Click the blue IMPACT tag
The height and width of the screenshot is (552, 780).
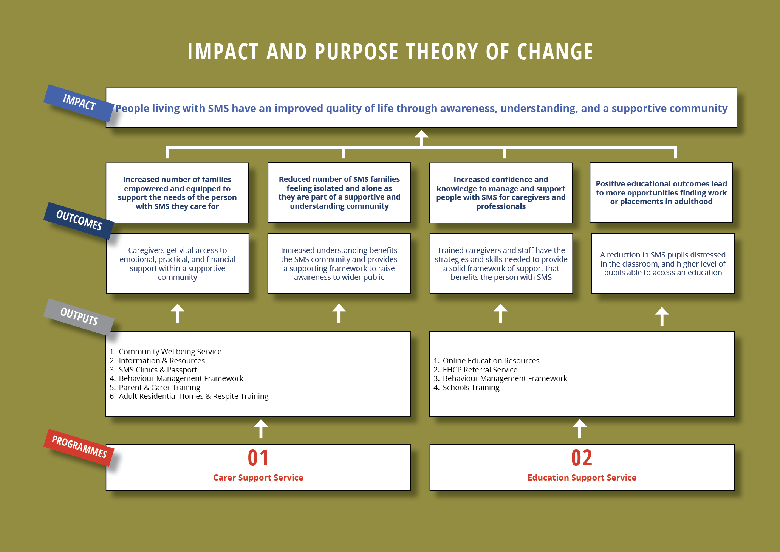click(x=79, y=103)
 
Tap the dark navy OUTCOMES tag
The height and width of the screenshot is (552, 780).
click(x=79, y=220)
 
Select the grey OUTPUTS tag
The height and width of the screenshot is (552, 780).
click(x=79, y=317)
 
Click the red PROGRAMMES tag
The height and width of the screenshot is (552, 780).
click(x=79, y=447)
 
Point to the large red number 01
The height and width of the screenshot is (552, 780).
click(x=258, y=457)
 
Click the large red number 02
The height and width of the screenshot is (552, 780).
click(x=582, y=457)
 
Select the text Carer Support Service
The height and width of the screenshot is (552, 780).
click(x=258, y=478)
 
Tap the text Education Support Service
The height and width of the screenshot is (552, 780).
click(x=582, y=478)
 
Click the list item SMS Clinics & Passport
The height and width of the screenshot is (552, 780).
click(x=153, y=370)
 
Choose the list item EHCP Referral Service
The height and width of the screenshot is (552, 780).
click(x=475, y=370)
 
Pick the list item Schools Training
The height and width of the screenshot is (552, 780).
click(x=466, y=388)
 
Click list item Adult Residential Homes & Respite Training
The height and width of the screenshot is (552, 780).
click(x=189, y=396)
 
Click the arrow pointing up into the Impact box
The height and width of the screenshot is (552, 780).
click(x=421, y=138)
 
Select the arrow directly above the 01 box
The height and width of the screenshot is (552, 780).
click(x=261, y=429)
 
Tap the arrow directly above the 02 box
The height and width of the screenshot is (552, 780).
click(x=580, y=429)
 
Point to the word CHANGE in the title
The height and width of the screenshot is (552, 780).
click(x=555, y=52)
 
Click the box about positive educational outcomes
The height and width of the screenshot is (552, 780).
click(x=661, y=193)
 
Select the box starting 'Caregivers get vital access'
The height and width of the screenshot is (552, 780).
click(x=178, y=264)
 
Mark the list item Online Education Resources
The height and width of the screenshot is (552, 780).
click(x=486, y=361)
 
